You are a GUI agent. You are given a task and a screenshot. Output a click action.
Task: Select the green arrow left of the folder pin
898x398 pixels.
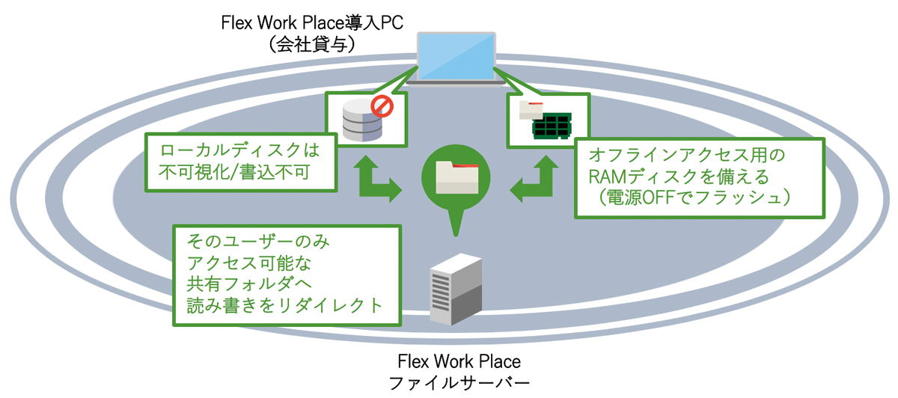click(x=379, y=178)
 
